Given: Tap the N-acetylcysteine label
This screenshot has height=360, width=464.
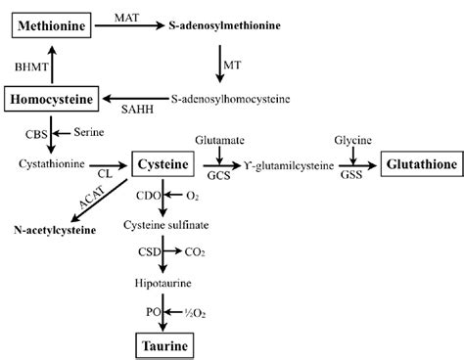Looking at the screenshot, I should pos(54,231).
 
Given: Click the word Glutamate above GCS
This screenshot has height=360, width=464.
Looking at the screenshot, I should pos(219,141).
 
